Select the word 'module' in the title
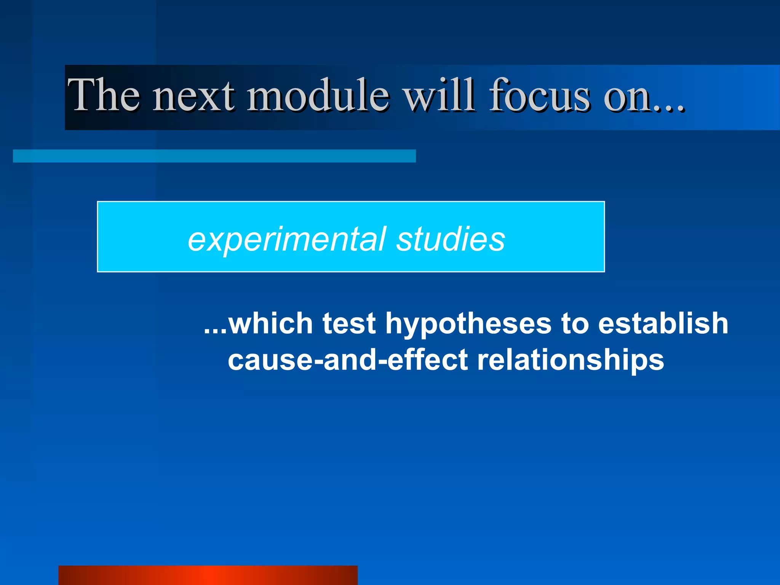(x=318, y=95)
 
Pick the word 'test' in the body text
(x=349, y=323)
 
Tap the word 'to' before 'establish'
(x=574, y=323)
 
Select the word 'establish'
(x=663, y=323)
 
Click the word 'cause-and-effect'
(x=347, y=360)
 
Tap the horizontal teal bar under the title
(x=214, y=156)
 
